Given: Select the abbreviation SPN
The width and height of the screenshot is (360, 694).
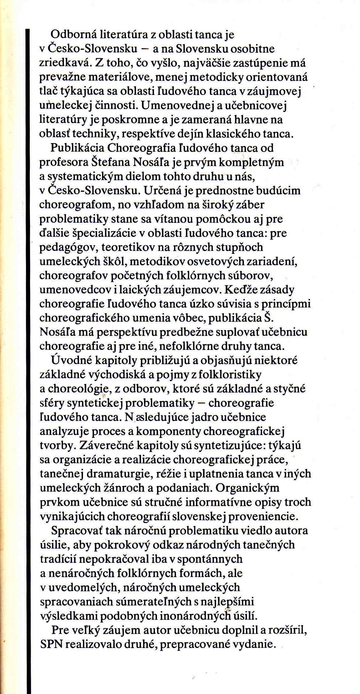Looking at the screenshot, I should [x=51, y=644].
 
